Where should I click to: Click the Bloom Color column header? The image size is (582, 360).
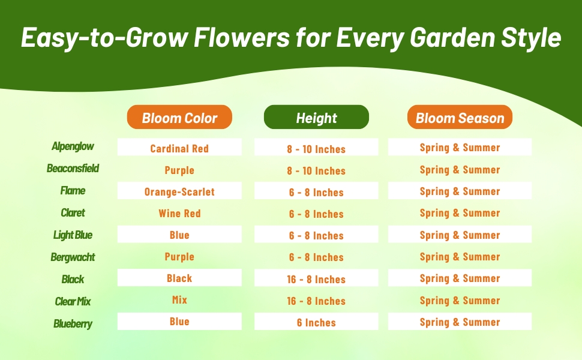point(179,117)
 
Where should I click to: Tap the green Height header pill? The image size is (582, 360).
point(316,117)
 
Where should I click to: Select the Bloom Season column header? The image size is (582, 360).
point(460,117)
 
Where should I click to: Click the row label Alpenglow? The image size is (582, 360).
point(73,146)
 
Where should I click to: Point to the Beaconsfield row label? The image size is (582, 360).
point(73,169)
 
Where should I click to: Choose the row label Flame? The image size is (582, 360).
point(73,191)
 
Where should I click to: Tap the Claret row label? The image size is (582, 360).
point(73,212)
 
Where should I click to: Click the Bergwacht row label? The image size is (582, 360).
point(73,257)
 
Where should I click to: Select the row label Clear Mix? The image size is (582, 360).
point(73,301)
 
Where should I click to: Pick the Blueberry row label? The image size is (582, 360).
point(73,324)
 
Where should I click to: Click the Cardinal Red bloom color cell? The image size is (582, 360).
point(179,147)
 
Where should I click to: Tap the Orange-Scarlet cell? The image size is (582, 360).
point(179,190)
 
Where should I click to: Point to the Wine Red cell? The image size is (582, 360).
point(179,214)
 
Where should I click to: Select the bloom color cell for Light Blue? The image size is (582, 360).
point(179,234)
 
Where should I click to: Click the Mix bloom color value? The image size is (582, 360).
point(179,300)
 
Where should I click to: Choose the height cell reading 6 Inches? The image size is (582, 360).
point(316,322)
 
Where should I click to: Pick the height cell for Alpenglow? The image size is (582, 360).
point(316,147)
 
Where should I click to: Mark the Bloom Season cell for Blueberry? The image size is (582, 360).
point(460,322)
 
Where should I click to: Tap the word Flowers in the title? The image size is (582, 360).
point(242,37)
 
